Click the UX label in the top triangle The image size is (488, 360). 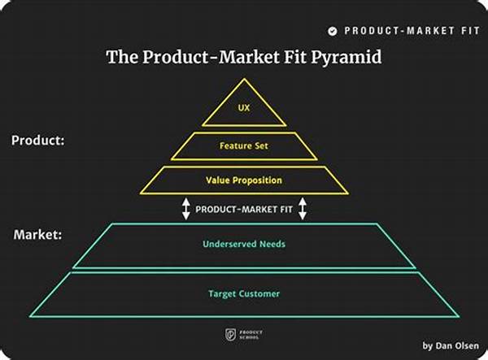click(244, 108)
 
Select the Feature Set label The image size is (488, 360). click(244, 145)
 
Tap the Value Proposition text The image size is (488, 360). click(244, 180)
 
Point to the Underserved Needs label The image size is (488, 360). click(244, 244)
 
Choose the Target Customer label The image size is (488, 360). click(244, 294)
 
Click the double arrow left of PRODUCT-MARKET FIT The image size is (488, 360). click(185, 209)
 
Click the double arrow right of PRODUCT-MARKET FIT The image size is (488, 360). click(303, 209)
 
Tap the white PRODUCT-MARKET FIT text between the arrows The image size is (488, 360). click(244, 210)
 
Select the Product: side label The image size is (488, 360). click(38, 141)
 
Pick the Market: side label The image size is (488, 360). click(37, 234)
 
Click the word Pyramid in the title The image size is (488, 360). click(346, 58)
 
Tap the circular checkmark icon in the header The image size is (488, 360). click(333, 31)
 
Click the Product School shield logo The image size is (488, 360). click(231, 335)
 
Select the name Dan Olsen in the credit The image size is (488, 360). click(457, 345)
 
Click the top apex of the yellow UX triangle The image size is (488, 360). click(244, 79)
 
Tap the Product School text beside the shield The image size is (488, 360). click(251, 335)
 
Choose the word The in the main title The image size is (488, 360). click(122, 57)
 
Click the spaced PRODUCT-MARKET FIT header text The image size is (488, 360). click(412, 31)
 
